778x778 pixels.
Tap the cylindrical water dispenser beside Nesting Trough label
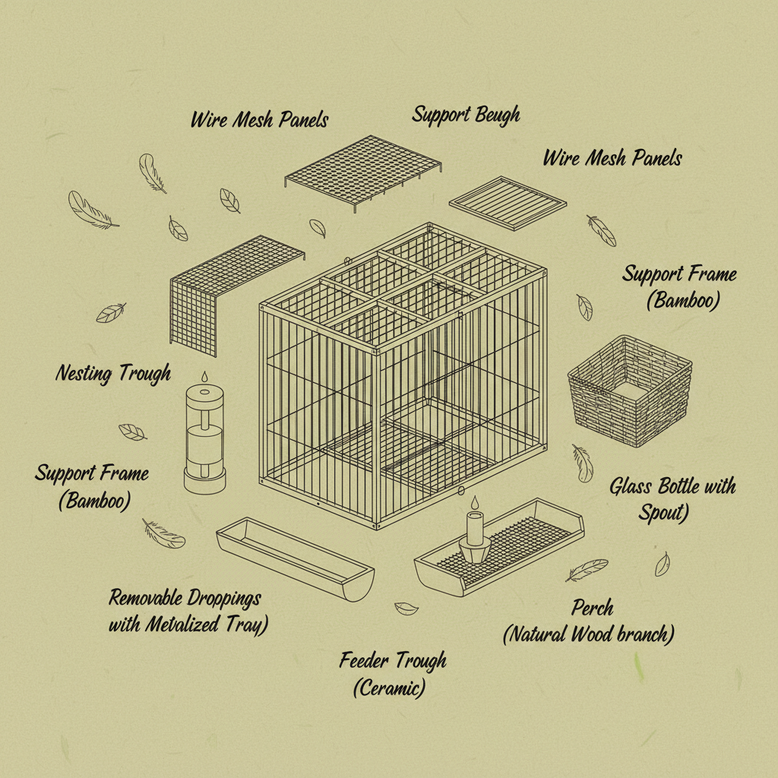pos(205,438)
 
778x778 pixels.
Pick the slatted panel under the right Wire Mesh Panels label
pos(508,202)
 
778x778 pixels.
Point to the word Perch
pos(593,608)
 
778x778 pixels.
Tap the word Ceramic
pos(389,689)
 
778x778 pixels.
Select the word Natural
pos(545,634)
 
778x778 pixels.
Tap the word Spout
pos(663,513)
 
